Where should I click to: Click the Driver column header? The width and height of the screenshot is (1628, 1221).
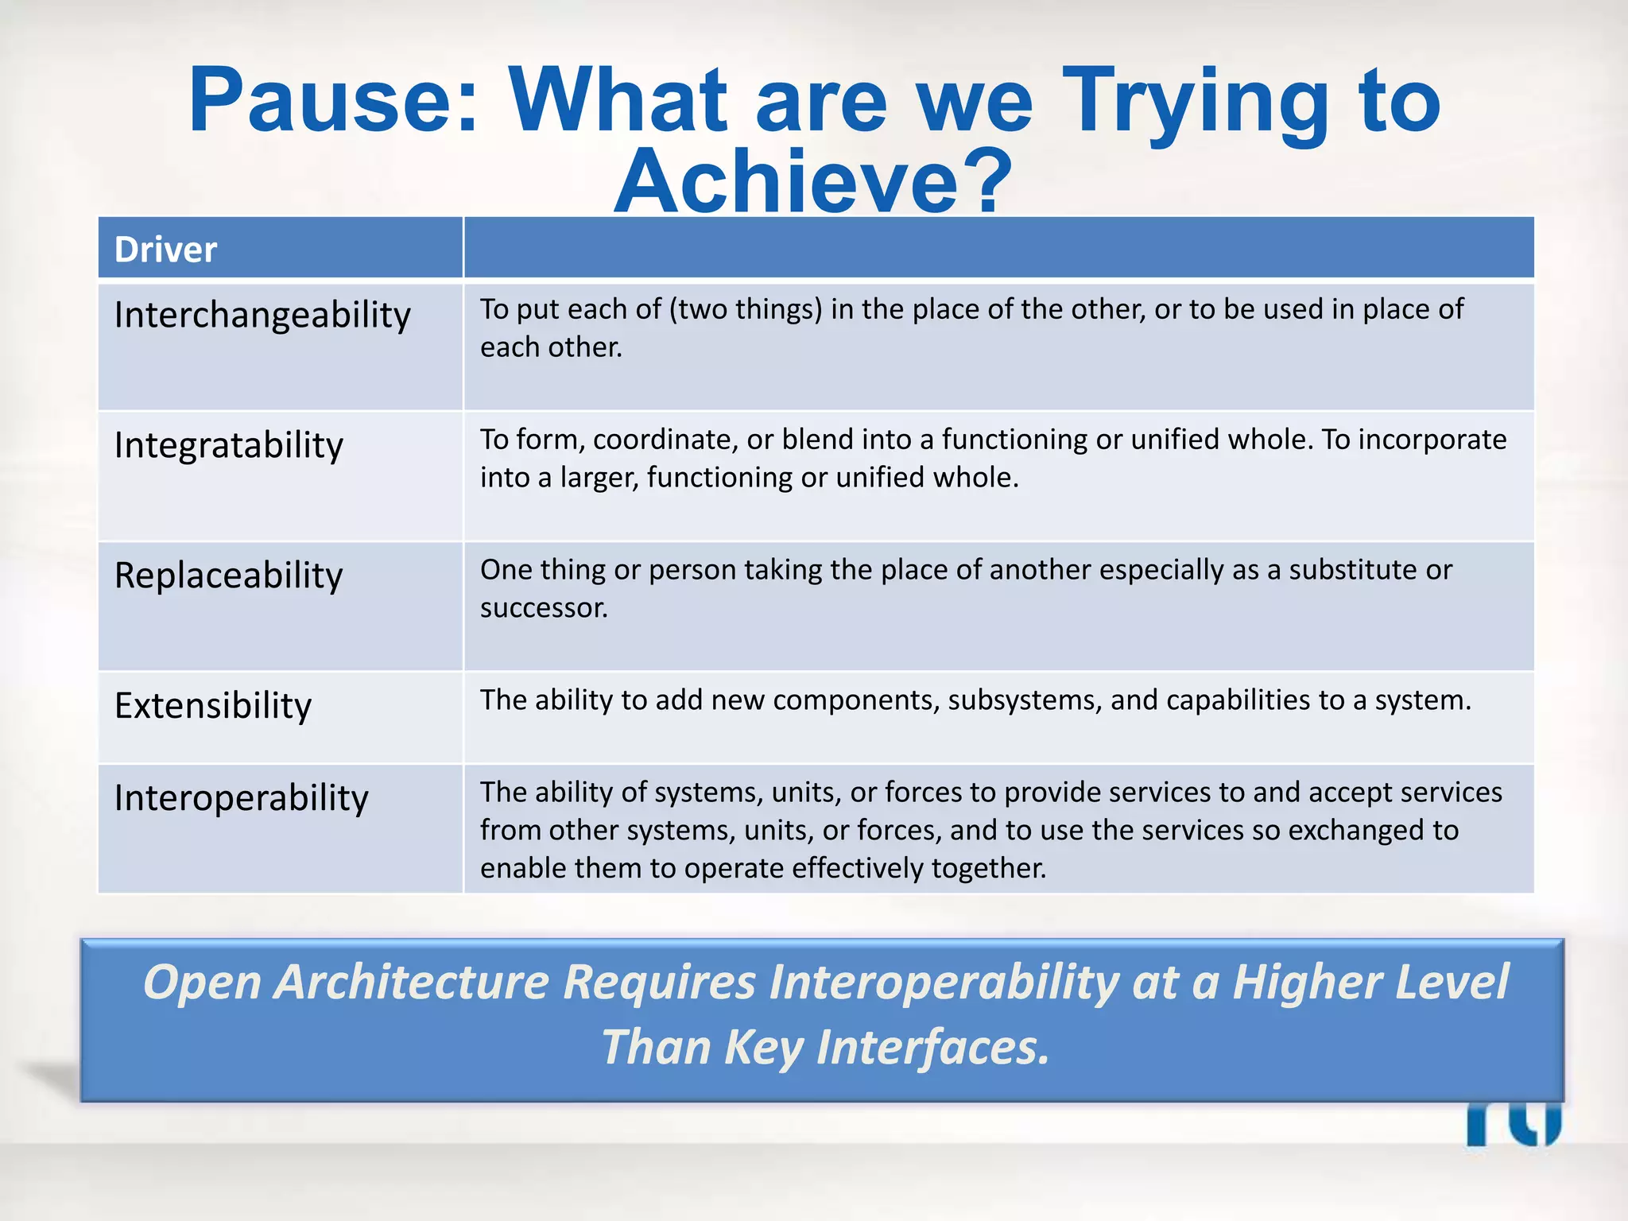point(165,250)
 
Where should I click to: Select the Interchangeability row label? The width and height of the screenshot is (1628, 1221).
point(262,316)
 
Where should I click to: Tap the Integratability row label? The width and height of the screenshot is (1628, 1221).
point(229,445)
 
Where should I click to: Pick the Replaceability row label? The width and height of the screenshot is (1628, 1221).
point(229,576)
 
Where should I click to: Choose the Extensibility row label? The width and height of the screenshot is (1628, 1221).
point(213,706)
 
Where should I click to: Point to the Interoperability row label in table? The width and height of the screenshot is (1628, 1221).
point(242,798)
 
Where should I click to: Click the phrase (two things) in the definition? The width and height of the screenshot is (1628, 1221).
point(746,309)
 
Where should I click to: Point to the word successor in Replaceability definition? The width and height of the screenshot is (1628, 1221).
point(543,608)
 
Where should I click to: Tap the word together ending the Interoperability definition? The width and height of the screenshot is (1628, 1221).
point(988,868)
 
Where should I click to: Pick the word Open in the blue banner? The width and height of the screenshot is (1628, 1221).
point(202,983)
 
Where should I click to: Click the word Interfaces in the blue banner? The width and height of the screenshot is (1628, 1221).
point(932,1047)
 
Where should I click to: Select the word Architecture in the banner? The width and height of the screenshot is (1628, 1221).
point(411,983)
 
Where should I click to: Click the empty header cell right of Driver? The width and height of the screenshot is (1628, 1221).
point(998,248)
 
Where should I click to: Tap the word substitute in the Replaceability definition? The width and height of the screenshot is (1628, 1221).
point(1352,570)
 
